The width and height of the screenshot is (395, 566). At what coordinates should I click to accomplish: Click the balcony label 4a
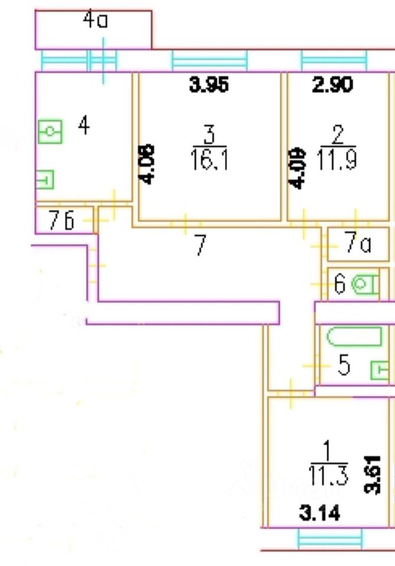tap(96, 22)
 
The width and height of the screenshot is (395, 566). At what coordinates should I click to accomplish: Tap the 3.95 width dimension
tap(208, 85)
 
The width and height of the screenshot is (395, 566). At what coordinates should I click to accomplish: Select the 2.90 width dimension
tap(332, 85)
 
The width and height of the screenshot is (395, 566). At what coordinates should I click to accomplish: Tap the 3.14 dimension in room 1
tap(320, 515)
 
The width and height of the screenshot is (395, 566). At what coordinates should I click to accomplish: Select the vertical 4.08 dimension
tap(148, 163)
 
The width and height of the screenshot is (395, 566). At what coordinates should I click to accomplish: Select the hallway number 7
tap(200, 245)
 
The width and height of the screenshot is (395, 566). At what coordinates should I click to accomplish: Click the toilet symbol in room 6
tap(365, 285)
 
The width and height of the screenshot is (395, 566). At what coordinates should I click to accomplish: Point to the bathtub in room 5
tap(354, 338)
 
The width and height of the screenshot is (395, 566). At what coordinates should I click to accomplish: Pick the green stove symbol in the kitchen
tap(50, 131)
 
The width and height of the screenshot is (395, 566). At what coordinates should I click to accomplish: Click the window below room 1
tap(330, 538)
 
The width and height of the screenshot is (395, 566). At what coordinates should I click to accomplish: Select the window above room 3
tap(209, 61)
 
